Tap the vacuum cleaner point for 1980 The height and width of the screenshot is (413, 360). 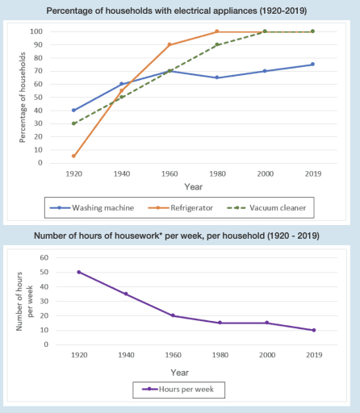[217, 44]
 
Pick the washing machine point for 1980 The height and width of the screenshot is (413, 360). [217, 77]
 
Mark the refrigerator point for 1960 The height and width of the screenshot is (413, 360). [170, 44]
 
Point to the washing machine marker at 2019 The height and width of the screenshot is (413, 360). [312, 65]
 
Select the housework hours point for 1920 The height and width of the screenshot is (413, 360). [78, 272]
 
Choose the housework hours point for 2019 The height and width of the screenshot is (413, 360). [312, 330]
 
